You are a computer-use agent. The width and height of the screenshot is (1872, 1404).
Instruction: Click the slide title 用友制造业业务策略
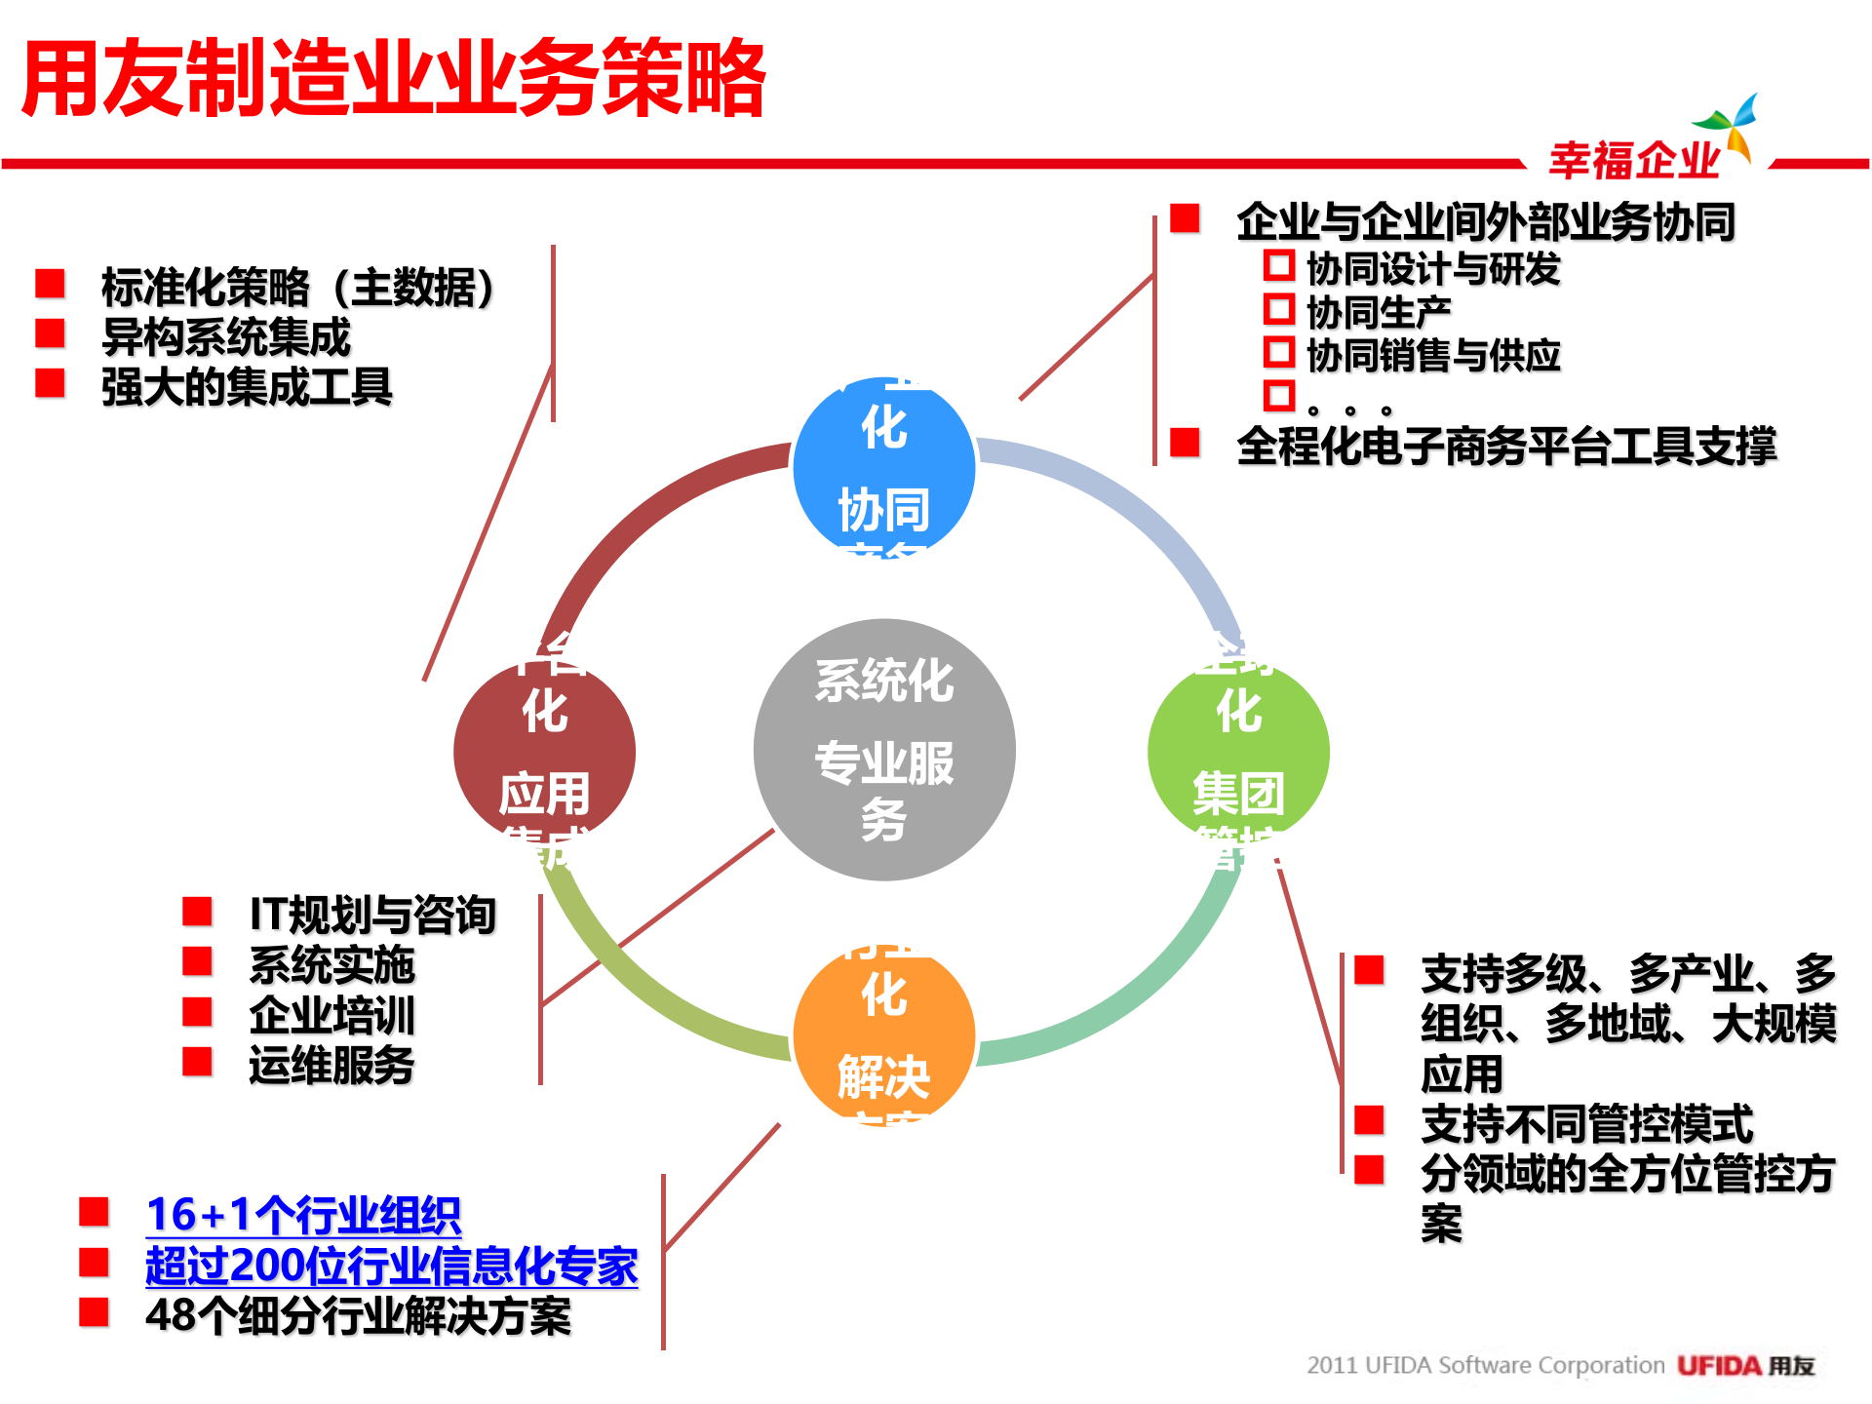coord(394,78)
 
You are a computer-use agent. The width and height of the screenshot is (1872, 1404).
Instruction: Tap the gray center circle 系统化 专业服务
coord(884,750)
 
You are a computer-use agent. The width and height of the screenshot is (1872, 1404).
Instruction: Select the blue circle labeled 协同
coord(884,468)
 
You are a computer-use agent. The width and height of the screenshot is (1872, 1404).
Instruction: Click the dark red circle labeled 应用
coord(544,752)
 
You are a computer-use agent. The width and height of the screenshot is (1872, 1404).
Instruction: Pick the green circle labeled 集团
coord(1238,752)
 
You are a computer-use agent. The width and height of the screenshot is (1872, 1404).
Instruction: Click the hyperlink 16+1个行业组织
coord(303,1215)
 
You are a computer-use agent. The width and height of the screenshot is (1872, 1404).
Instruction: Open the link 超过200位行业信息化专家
coord(391,1266)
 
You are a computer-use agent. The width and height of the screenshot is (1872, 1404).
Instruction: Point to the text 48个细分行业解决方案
coord(358,1316)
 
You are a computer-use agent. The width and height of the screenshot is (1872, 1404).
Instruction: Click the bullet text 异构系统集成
coord(225,337)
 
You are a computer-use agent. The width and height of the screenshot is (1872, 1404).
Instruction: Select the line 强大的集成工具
coord(247,387)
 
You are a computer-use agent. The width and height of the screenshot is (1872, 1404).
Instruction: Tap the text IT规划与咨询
coord(372,915)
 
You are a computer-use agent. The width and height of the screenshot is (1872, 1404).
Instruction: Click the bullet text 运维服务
coord(331,1065)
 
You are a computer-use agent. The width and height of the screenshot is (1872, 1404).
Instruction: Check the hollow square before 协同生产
coord(1278,310)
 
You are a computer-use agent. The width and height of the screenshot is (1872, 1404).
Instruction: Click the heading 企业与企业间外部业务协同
coord(1486,221)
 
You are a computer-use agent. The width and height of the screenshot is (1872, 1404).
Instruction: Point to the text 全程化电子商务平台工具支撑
coord(1506,446)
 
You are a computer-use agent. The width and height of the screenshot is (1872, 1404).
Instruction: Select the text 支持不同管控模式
coord(1586,1123)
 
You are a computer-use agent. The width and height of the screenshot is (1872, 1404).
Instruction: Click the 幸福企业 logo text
coord(1634,160)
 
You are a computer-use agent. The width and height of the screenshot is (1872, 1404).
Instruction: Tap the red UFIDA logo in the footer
coord(1720,1366)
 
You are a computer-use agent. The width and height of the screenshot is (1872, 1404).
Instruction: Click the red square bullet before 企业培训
coord(198,1012)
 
